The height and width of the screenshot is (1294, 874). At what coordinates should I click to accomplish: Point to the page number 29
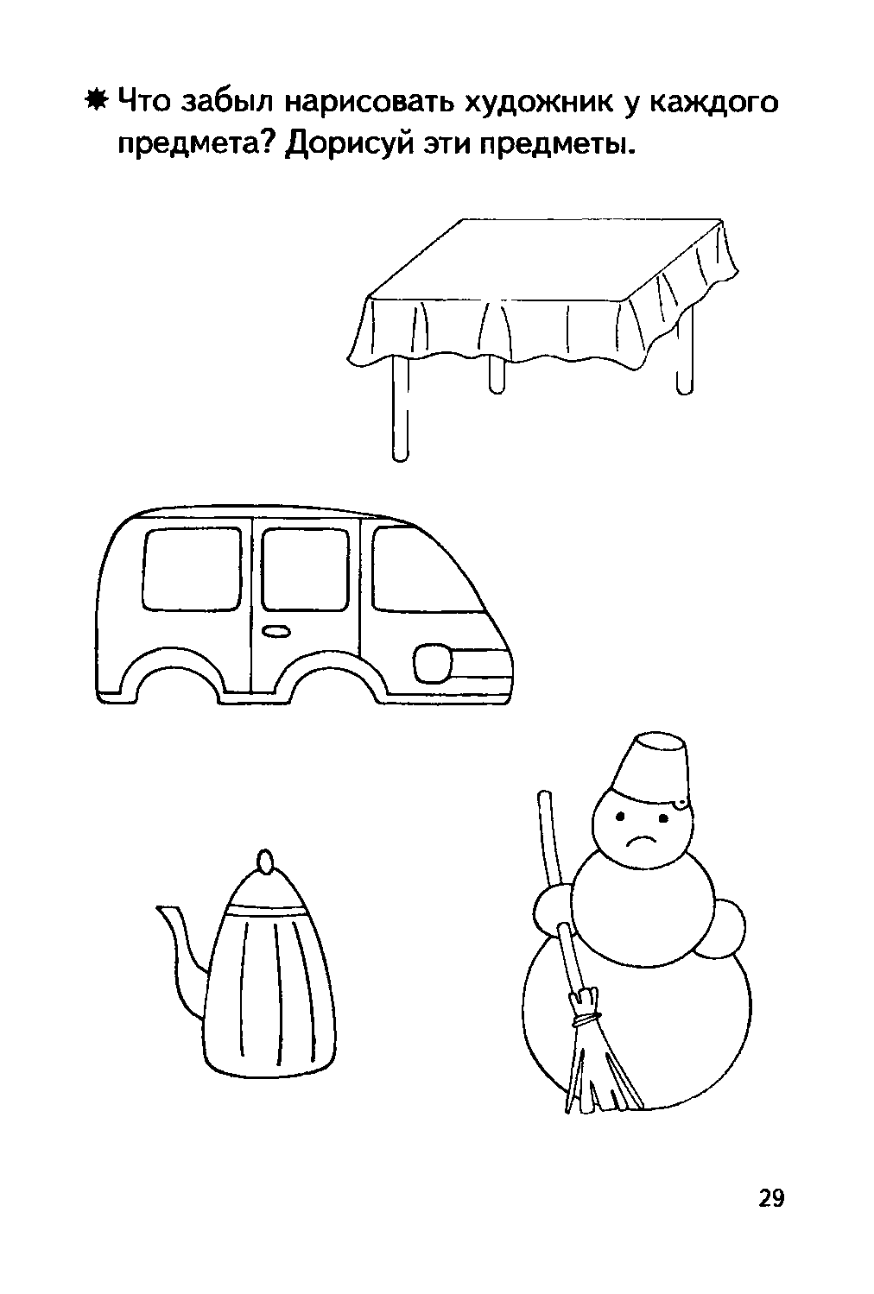point(771,1198)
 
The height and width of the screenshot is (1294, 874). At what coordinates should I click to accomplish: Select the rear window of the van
point(192,568)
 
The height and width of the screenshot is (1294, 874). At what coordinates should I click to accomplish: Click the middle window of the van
point(305,569)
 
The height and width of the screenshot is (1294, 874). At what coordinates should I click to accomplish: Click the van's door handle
point(275,631)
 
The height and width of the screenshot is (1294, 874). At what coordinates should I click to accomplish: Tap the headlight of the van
point(434,664)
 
